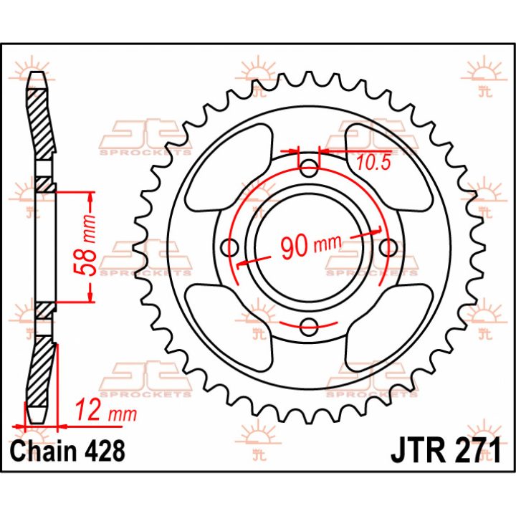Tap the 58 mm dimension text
pyautogui.click(x=85, y=246)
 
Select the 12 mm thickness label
pyautogui.click(x=106, y=411)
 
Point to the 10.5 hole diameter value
pyautogui.click(x=373, y=163)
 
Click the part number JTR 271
pyautogui.click(x=446, y=450)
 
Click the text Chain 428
pyautogui.click(x=68, y=451)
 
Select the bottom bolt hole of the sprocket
pyautogui.click(x=309, y=327)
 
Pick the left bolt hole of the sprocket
pyautogui.click(x=230, y=247)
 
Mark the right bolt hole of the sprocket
pyautogui.click(x=388, y=247)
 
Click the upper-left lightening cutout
pyautogui.click(x=230, y=168)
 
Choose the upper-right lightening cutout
pyautogui.click(x=388, y=168)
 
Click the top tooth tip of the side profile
pyautogui.click(x=38, y=73)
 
